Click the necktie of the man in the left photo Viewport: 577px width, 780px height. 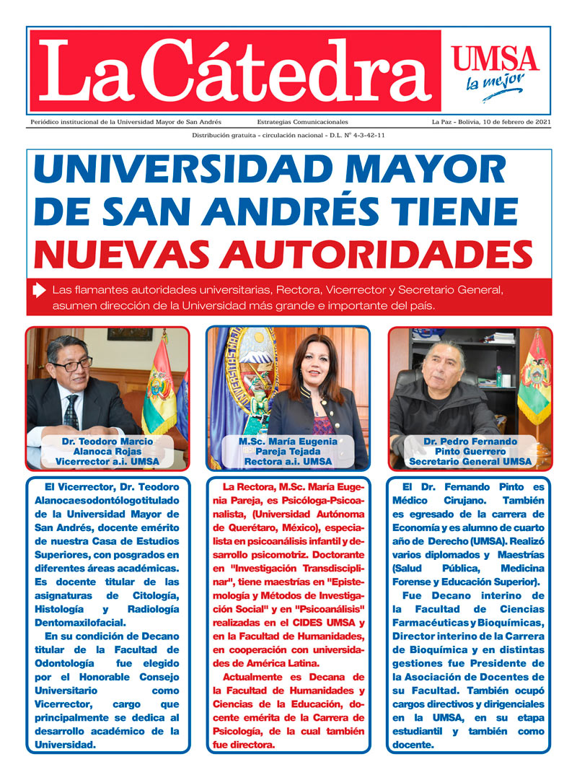[71, 412]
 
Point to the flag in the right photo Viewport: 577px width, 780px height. [534, 379]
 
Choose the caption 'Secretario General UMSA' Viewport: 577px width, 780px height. [470, 462]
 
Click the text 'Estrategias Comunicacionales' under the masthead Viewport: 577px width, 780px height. [302, 122]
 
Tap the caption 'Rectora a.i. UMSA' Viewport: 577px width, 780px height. [288, 462]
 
